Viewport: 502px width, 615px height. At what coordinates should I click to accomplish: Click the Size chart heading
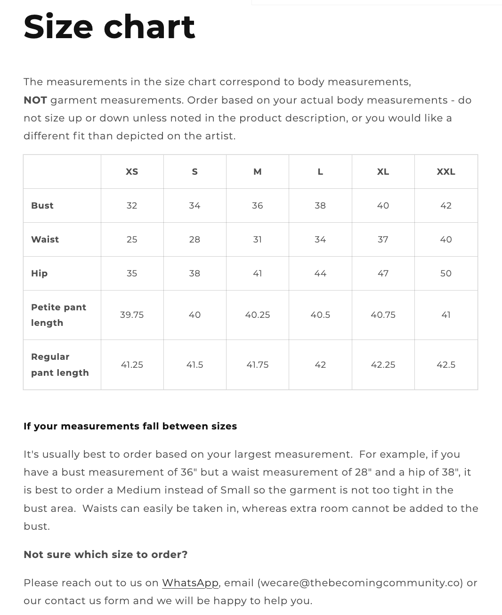[x=109, y=27]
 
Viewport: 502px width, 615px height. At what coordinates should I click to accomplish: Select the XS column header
[x=132, y=172]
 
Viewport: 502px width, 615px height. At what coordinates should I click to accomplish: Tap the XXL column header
[x=446, y=172]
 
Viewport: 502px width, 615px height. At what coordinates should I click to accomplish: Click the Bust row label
[x=42, y=206]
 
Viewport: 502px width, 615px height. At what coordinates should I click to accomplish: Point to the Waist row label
[x=45, y=240]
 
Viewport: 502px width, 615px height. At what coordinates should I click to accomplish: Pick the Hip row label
[x=40, y=274]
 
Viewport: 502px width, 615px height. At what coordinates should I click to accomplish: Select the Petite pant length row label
[x=58, y=315]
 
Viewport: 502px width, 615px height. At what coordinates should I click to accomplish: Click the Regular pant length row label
[x=60, y=365]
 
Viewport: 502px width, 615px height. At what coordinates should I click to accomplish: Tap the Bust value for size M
[x=258, y=206]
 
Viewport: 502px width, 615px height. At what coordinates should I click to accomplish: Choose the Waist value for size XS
[x=132, y=240]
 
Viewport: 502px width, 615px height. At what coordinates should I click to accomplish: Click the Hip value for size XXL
[x=446, y=274]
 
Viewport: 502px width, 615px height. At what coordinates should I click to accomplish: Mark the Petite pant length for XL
[x=383, y=315]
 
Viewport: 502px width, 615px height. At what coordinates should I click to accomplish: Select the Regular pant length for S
[x=194, y=365]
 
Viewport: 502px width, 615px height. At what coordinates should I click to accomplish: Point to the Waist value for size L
[x=320, y=240]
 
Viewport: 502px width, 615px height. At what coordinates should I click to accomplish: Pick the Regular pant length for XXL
[x=446, y=365]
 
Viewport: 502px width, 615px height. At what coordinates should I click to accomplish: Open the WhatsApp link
[x=190, y=583]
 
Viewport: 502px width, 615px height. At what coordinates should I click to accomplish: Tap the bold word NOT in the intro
[x=35, y=100]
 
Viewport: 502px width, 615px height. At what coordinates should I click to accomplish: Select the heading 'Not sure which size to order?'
[x=105, y=555]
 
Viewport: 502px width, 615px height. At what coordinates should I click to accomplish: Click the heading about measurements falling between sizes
[x=130, y=427]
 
